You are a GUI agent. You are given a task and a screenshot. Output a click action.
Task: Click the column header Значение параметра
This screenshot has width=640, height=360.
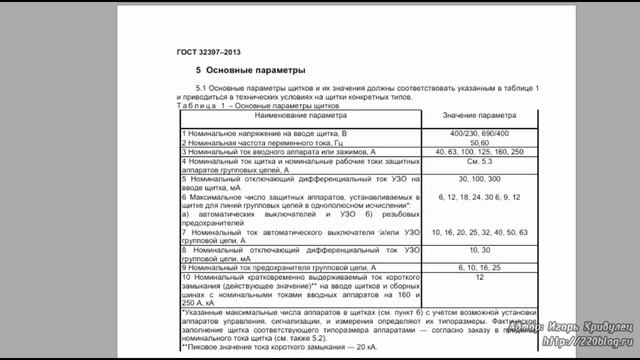469,116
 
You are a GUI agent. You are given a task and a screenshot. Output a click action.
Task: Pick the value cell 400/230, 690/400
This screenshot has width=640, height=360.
466,133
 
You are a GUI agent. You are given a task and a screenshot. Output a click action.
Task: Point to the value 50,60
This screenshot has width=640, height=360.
466,142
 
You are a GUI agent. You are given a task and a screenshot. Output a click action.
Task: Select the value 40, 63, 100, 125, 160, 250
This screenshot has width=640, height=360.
466,151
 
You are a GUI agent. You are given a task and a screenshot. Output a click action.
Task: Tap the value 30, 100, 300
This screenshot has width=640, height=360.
466,178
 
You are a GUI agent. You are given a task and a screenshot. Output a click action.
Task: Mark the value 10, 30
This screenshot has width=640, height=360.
466,249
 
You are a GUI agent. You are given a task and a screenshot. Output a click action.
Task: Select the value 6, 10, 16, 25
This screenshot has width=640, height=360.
466,267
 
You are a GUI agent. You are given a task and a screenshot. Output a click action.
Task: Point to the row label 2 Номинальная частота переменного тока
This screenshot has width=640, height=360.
261,142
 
